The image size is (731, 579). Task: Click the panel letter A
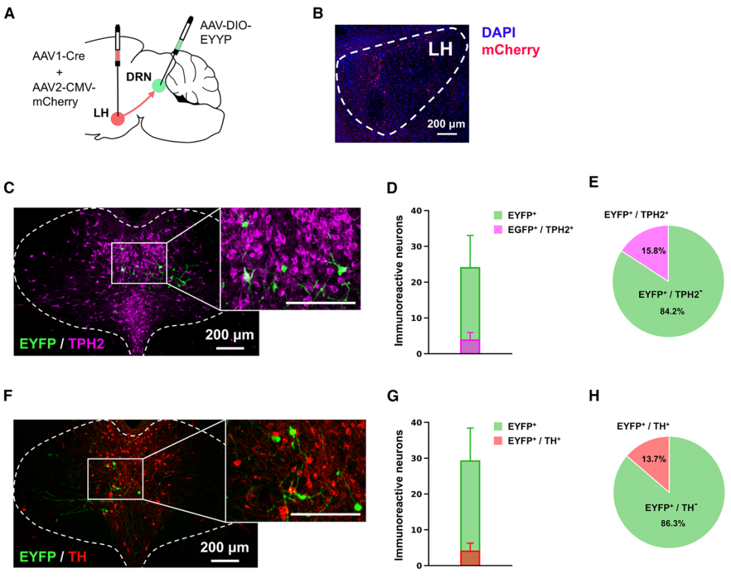click(9, 14)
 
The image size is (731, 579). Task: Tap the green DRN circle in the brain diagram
click(158, 85)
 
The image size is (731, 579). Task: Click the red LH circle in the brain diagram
click(118, 119)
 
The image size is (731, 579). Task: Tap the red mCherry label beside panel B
click(511, 49)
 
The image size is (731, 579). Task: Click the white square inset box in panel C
click(138, 262)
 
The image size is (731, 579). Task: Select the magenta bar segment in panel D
click(470, 346)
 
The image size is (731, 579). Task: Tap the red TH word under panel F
click(79, 557)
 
